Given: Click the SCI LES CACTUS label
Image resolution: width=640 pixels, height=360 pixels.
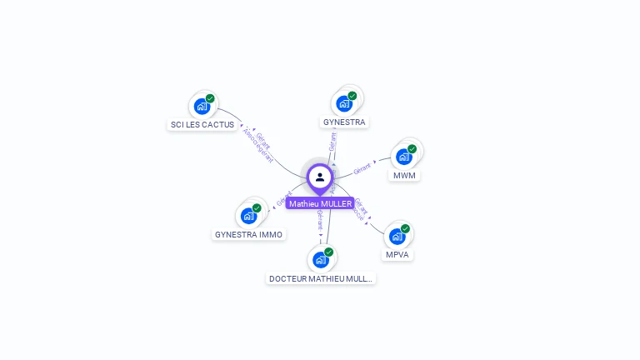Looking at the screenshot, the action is pos(202,125).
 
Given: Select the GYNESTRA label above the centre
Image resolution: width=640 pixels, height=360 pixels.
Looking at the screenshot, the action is pos(344,122).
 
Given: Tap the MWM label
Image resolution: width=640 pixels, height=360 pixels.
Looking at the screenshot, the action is pos(404,176).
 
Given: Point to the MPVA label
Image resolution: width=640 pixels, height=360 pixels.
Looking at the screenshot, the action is pos(397,255).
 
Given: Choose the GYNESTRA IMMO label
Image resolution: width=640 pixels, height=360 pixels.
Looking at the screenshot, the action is pos(249,235).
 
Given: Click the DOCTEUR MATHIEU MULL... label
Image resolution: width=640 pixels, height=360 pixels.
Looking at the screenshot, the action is pos(321,278).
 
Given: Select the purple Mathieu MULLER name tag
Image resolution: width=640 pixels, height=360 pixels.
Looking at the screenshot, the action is pos(320,203).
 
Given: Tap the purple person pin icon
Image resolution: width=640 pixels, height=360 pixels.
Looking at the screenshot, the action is pos(320,177).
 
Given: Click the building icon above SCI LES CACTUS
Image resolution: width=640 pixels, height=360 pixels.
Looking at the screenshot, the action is pos(201,107).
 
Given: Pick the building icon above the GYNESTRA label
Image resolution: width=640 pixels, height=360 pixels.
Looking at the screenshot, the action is pos(343,104).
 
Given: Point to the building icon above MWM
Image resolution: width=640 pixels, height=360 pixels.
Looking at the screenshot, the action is pos(403,157).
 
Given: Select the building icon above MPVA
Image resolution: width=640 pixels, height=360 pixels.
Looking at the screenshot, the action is pos(397,237).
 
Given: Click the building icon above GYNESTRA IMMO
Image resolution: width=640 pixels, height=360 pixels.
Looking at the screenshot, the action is pos(248,217).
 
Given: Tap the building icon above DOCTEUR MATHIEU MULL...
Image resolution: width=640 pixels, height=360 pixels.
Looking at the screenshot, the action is pos(320,260).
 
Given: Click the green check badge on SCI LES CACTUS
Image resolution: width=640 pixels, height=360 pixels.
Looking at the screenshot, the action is pos(210,98).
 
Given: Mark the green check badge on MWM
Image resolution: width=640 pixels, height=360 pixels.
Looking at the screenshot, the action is pos(412,149).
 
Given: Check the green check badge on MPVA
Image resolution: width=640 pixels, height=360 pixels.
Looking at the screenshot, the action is pos(405,228).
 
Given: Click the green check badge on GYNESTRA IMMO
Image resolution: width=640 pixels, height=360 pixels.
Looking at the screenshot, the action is pos(257,208).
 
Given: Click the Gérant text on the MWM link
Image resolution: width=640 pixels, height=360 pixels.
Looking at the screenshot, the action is pos(362,168).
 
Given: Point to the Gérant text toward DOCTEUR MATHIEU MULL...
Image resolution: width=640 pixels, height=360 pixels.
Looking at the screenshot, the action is pos(321,221).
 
